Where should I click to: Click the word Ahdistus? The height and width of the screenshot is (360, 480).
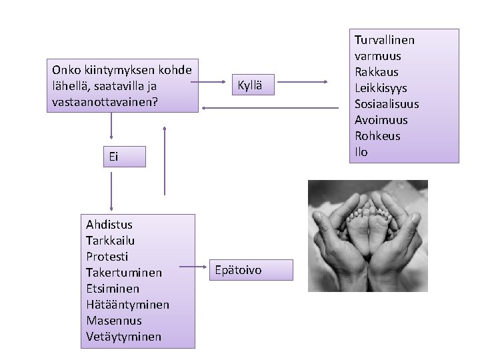109,225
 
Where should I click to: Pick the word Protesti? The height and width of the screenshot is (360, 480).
107,257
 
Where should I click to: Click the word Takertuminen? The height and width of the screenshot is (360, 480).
124,273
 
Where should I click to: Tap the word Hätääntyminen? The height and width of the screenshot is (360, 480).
128,305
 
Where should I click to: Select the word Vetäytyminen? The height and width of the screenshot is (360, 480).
124,337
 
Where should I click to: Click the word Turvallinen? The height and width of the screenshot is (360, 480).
384,40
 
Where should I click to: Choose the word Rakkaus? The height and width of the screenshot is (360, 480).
377,72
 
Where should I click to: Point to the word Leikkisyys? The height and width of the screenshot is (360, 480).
381,88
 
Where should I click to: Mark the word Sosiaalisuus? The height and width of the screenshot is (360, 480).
387,104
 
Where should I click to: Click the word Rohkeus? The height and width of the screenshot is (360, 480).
377,136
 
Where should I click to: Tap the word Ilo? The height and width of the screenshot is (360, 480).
361,152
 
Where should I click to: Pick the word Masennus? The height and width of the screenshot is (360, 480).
114,321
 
